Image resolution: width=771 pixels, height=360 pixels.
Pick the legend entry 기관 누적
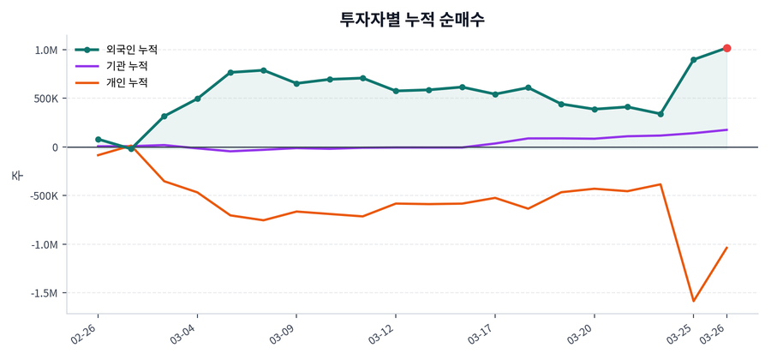pos(126,66)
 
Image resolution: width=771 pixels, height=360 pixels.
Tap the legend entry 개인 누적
pos(126,82)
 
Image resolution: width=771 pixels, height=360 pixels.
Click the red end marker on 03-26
pos(726,48)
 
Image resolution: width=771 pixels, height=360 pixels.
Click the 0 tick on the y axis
pos(54,147)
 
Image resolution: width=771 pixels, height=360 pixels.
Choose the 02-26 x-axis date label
pos(86,333)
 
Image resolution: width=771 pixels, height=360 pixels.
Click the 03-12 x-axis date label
pos(383,333)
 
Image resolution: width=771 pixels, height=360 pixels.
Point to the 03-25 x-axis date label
pos(682,333)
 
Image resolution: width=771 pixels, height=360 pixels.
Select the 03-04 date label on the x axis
pos(185,333)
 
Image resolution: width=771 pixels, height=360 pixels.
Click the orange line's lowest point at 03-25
pos(693,301)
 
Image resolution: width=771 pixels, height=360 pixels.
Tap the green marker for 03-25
pos(693,60)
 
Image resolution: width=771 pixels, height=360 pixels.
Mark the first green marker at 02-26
pos(98,139)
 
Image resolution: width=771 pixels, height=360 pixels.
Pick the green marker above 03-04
pos(197,99)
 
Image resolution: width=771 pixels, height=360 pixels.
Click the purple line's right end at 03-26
pos(726,130)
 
